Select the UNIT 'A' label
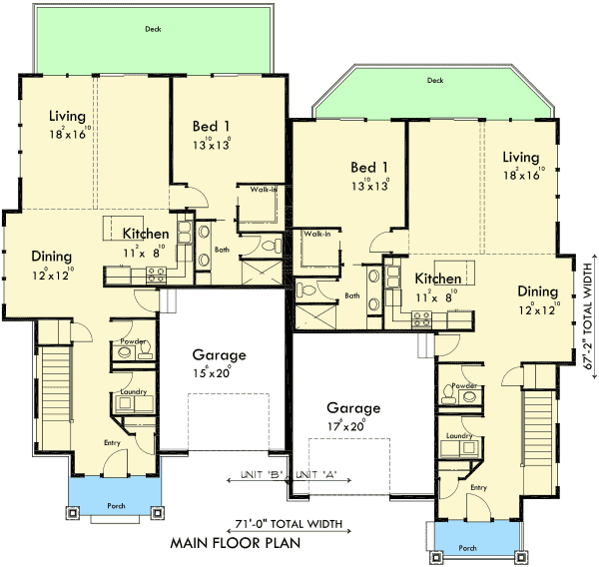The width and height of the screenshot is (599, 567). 316,476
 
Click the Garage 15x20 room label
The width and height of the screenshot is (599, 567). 219,355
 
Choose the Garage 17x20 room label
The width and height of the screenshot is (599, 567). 351,408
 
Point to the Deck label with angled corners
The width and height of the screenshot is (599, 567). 434,81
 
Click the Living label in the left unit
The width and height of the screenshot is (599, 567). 68,116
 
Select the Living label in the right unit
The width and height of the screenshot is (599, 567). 520,158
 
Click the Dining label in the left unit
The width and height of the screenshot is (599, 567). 51,256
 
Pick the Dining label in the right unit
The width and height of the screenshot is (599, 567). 537,291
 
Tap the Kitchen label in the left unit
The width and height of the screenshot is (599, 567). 146,234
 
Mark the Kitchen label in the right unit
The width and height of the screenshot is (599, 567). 437,279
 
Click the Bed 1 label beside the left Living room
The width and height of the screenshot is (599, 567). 211,126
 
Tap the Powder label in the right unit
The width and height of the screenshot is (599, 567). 461,385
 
